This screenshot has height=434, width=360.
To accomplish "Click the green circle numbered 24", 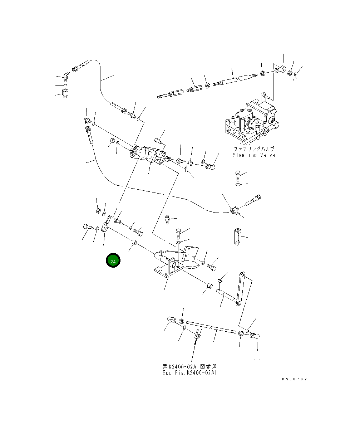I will (113, 261).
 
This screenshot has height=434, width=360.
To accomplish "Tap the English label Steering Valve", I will (254, 155).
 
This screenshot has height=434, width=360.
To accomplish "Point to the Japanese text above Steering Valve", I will (254, 149).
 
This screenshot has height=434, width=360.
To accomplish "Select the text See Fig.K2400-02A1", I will (189, 373).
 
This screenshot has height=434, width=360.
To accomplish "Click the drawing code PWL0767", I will (294, 379).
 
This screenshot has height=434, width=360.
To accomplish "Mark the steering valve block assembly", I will (250, 120).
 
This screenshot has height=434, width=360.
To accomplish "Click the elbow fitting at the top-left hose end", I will (65, 76).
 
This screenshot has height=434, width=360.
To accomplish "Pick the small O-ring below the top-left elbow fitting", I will (64, 85).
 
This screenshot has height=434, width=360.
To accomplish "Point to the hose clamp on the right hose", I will (234, 210).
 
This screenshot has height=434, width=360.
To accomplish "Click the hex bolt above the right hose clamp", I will (238, 176).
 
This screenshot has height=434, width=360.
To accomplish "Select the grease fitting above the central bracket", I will (167, 219).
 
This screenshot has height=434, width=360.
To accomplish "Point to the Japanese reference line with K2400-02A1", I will (189, 367).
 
